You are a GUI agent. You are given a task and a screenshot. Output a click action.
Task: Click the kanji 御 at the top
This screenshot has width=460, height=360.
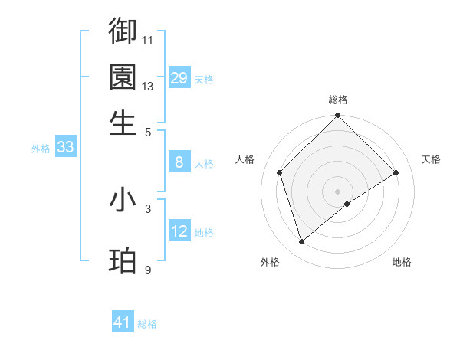coord(123,31)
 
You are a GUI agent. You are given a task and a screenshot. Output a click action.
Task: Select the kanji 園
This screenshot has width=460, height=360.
coord(123,77)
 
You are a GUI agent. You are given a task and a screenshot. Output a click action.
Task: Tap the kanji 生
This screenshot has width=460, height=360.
coord(123,123)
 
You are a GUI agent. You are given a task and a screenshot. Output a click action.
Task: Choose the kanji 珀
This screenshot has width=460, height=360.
coord(123,261)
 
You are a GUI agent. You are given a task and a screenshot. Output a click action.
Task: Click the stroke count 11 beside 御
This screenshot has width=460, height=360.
coord(148,40)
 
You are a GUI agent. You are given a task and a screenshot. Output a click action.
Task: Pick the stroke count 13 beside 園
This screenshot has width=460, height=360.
coord(148,86)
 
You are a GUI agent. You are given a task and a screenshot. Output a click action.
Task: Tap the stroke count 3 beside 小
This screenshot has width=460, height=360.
coord(148,208)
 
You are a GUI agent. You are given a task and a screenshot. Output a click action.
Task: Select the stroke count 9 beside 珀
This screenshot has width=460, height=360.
coord(148,270)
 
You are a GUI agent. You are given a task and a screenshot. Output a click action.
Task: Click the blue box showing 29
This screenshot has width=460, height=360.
coord(179,78)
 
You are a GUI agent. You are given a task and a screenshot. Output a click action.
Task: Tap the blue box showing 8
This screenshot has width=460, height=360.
coord(179,162)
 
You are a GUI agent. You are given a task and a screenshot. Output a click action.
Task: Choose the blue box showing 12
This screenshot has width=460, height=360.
coord(179,231)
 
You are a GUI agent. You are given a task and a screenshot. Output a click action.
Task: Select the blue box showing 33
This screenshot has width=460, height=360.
coord(65,148)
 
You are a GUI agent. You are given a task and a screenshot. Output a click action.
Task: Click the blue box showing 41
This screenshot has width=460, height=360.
coord(123,323)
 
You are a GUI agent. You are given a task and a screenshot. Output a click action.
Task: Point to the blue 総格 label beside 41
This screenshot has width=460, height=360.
coord(147,324)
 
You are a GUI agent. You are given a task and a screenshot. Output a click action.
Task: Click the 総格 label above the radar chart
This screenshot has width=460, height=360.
coord(337,100)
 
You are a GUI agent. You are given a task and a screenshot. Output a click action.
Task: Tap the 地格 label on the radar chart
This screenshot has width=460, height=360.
coord(402,263)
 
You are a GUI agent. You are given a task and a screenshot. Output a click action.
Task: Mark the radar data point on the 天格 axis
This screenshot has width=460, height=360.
coord(396,172)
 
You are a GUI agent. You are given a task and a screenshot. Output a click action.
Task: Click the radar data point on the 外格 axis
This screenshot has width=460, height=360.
coord(301,242)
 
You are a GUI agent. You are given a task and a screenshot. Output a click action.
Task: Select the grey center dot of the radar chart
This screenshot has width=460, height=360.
coord(338,191)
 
